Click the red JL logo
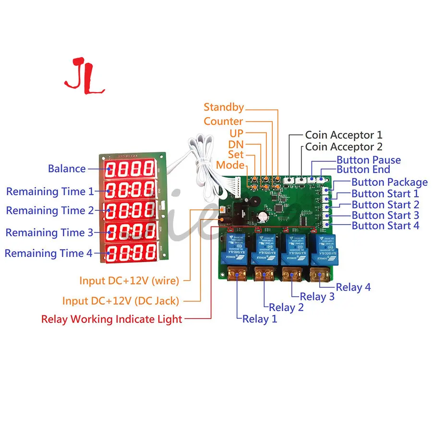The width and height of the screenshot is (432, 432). point(84,76)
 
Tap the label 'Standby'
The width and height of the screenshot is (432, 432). point(224,107)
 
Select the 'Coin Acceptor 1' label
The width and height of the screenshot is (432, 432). point(344,135)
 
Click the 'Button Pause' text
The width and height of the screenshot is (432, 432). point(368,160)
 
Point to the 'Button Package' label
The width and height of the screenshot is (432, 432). point(389,182)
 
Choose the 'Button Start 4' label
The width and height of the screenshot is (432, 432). point(385,226)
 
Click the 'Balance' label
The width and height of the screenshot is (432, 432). point(67,168)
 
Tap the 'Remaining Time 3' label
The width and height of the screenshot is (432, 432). point(49,233)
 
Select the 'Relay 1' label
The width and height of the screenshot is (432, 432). point(260,319)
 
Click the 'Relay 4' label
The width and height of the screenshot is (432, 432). point(353,288)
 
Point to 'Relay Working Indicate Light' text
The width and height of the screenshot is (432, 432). point(112,319)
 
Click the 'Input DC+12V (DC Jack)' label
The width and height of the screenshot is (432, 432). point(120,301)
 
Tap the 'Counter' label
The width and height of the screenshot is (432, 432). point(223,121)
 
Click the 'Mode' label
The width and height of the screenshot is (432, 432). point(230,165)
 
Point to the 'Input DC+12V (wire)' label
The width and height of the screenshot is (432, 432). point(129,280)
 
